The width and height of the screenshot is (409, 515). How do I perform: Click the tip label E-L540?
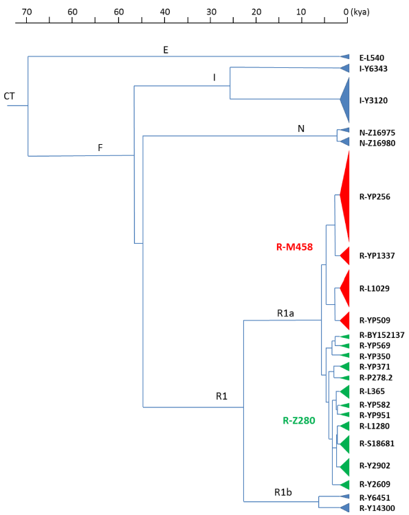coord(371,58)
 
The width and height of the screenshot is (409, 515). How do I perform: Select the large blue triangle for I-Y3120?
coord(346,100)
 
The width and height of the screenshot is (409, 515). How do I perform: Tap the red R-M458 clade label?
coord(294,247)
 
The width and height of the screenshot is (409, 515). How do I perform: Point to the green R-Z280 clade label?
coord(299,420)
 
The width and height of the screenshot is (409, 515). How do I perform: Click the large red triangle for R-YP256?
coord(346,196)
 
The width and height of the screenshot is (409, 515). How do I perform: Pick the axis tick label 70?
coord(27,12)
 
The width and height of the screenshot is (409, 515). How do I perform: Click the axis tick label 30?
coord(211,12)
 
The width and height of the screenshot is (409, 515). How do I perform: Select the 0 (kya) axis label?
coord(356,12)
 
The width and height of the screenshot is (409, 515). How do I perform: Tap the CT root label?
coord(9,96)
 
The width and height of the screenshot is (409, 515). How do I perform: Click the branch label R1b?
coord(283,492)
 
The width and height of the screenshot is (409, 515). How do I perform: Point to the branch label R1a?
coord(285,313)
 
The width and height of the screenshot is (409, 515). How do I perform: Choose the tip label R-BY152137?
coord(382,335)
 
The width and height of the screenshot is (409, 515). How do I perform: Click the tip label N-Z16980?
coord(377,144)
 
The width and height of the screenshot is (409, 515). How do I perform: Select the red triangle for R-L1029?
coord(346,288)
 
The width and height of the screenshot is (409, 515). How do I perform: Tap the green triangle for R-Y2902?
coord(345,466)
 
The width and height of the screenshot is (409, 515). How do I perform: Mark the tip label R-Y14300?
coord(377,508)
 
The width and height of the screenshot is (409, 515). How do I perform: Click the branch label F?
coord(100,148)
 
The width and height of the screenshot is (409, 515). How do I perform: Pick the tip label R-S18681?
coord(377,444)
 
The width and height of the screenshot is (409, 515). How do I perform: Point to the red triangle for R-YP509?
coord(346,321)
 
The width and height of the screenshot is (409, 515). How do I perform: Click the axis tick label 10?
coord(301,12)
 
